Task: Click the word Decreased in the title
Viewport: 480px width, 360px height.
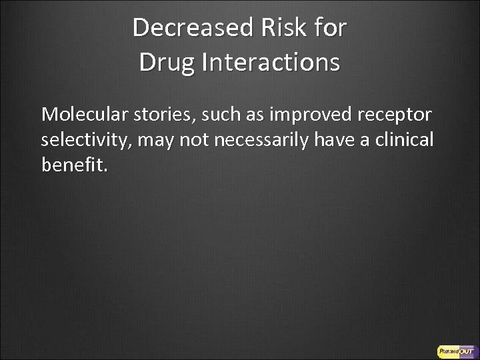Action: pyautogui.click(x=191, y=28)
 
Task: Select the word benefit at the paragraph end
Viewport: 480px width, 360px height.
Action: pyautogui.click(x=72, y=165)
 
